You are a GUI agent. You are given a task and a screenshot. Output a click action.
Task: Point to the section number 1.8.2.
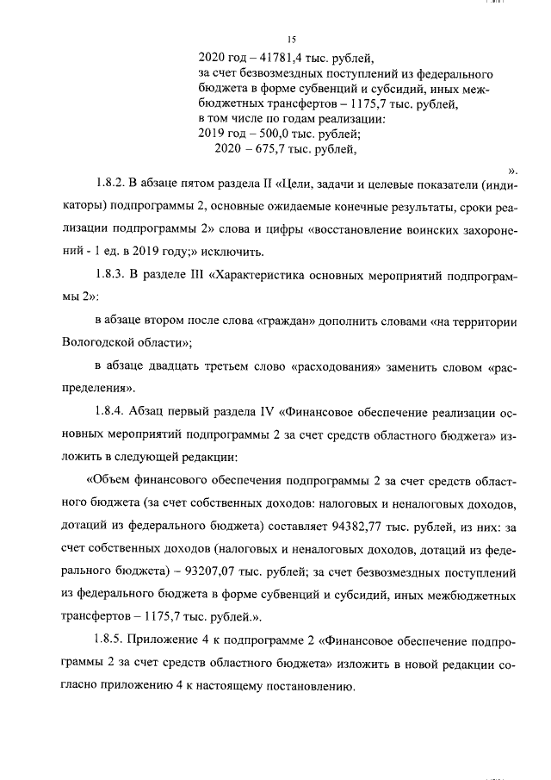pos(110,185)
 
